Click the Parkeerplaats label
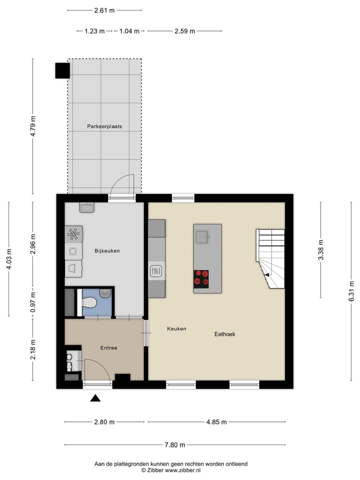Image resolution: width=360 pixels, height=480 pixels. pyautogui.click(x=104, y=126)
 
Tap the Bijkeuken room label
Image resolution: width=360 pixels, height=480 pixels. pyautogui.click(x=107, y=251)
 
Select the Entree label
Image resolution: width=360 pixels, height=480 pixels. pyautogui.click(x=108, y=347)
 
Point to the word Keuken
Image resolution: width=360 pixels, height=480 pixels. pyautogui.click(x=176, y=328)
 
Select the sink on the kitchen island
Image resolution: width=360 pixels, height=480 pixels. pyautogui.click(x=202, y=236)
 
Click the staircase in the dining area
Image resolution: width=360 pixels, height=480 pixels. pyautogui.click(x=270, y=258)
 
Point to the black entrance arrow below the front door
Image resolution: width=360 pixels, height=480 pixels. pyautogui.click(x=95, y=398)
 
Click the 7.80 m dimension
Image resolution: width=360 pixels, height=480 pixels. pyautogui.click(x=174, y=445)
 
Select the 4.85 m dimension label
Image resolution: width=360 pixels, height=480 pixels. pyautogui.click(x=216, y=422)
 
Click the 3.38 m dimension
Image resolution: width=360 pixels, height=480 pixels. pyautogui.click(x=320, y=249)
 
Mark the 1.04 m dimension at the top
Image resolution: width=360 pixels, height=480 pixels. pyautogui.click(x=129, y=31)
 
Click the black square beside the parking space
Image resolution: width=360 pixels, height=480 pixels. pyautogui.click(x=62, y=70)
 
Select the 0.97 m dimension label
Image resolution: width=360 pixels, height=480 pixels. pyautogui.click(x=33, y=301)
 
